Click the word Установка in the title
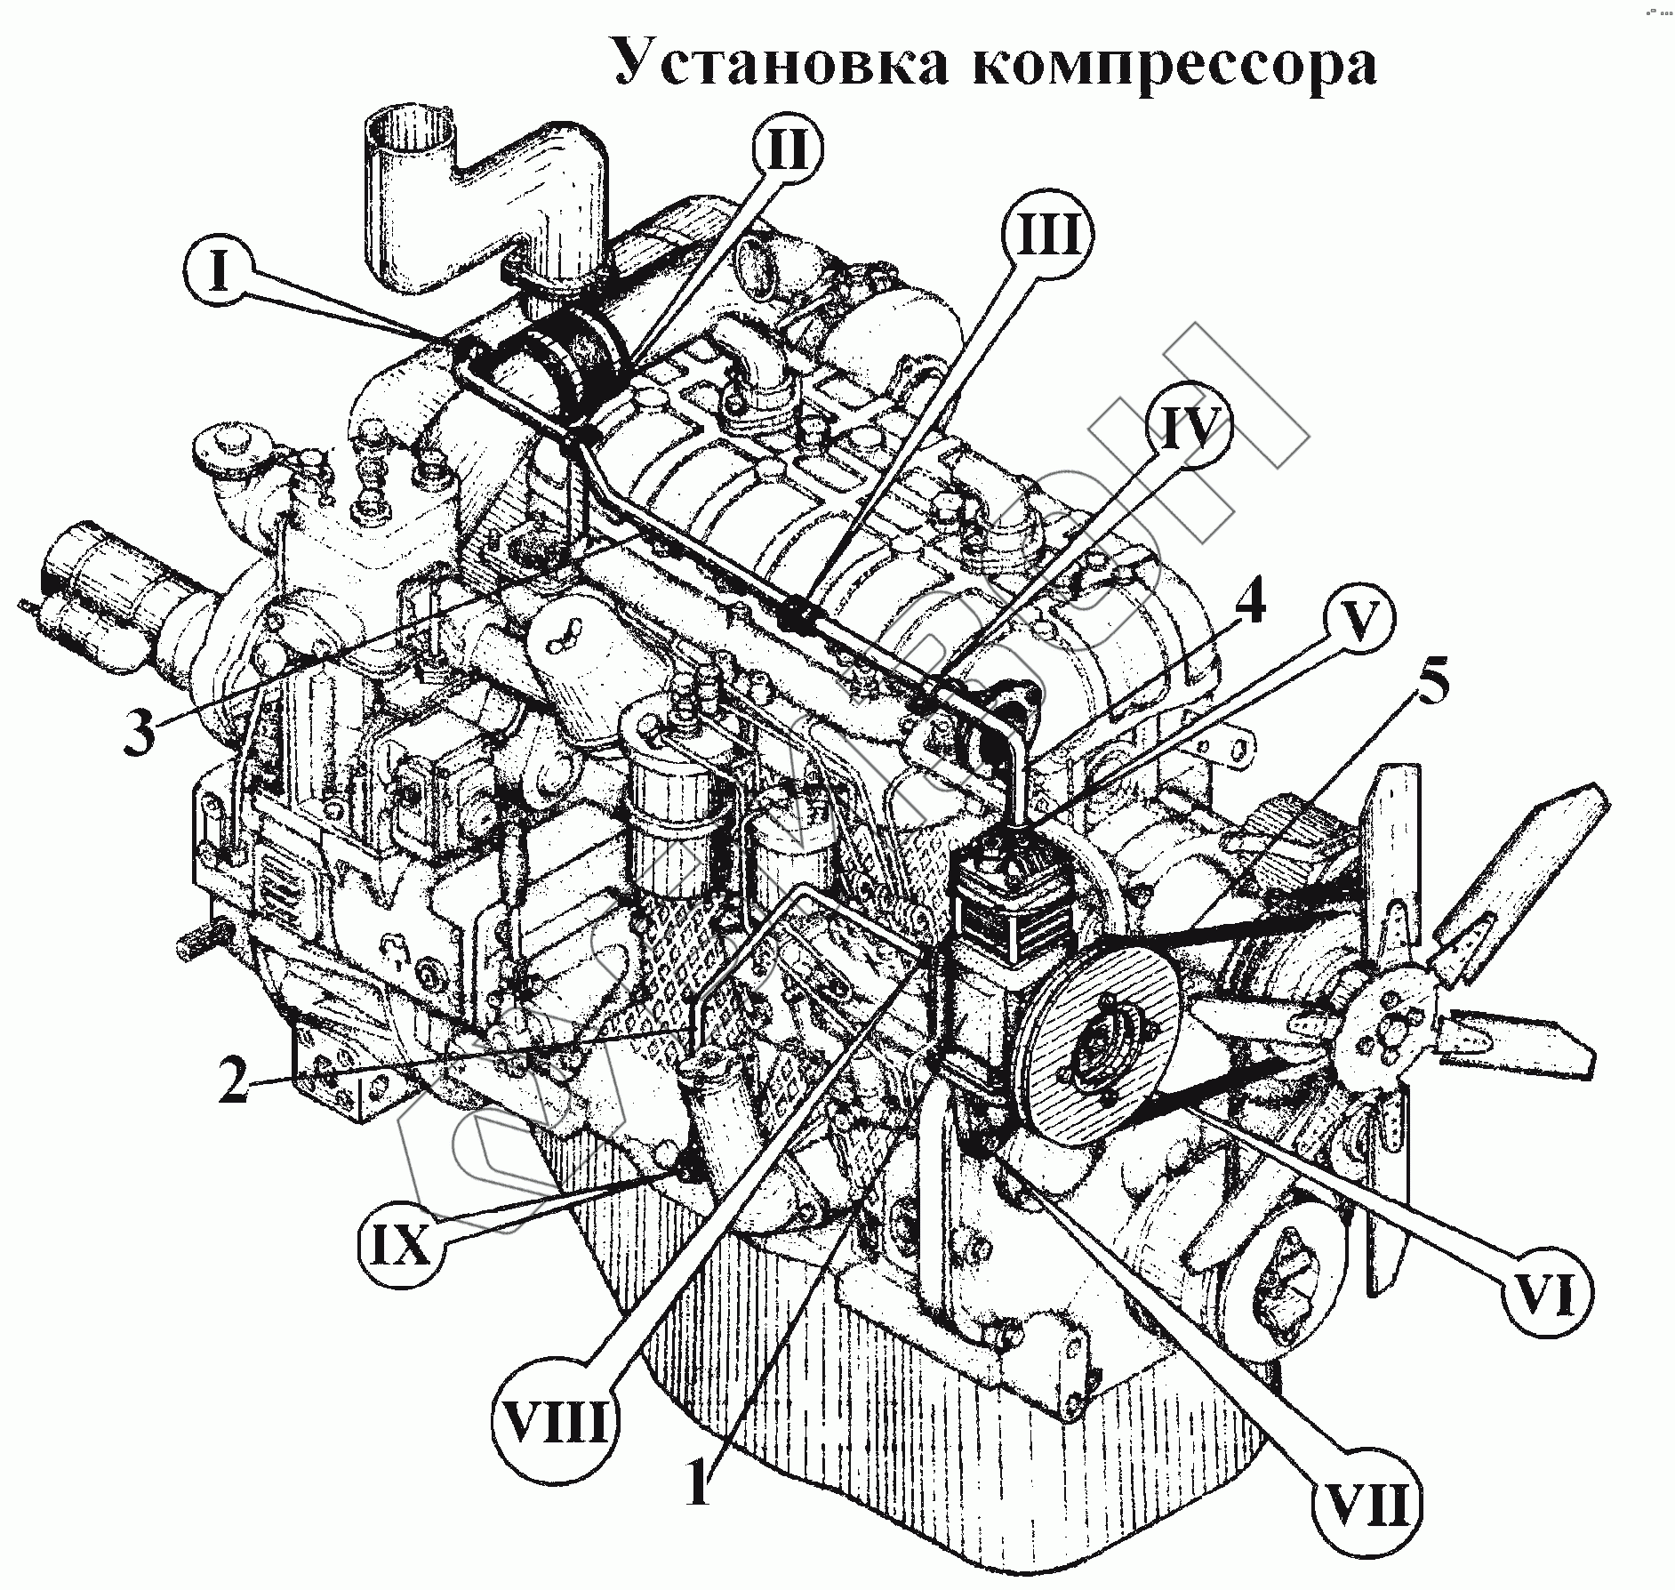782,64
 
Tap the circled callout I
219,274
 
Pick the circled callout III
1046,237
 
